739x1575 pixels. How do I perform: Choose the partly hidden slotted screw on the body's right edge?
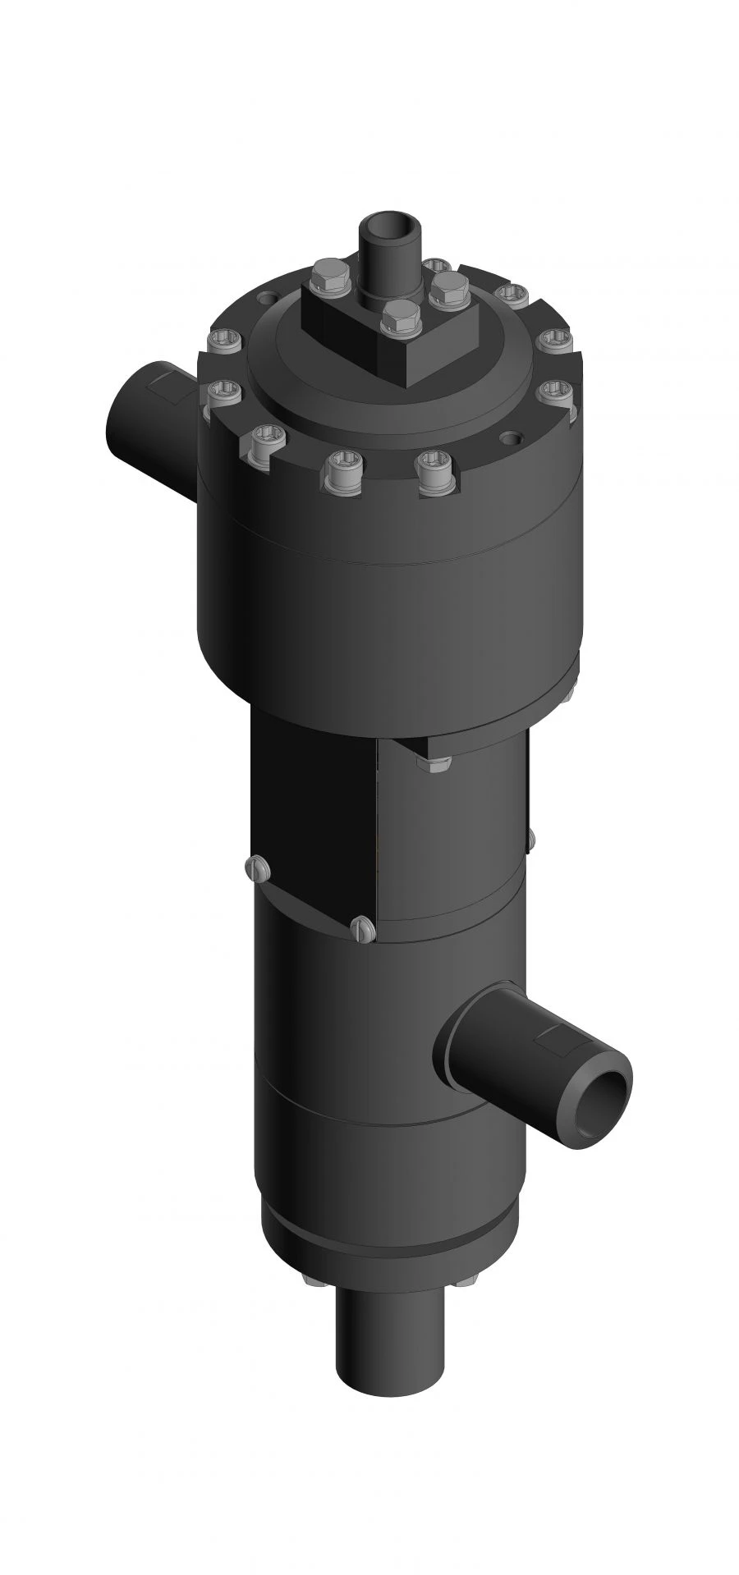(x=530, y=838)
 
